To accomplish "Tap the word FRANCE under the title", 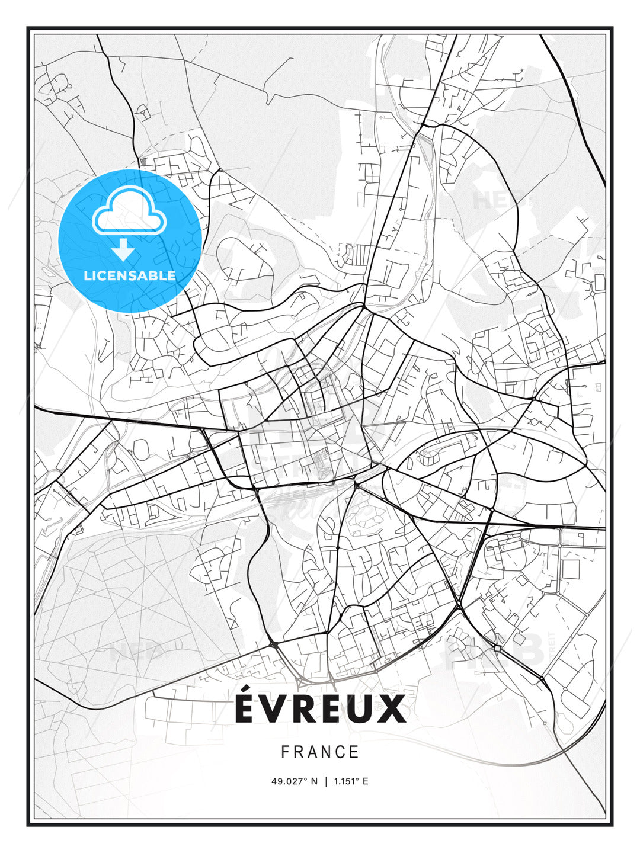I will tap(320, 752).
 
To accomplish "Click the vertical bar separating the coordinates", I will tap(325, 781).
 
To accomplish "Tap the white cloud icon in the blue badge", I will tap(128, 212).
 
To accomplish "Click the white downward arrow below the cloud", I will tap(123, 251).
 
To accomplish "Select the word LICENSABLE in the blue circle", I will tap(130, 275).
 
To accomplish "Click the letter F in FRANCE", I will tap(285, 752).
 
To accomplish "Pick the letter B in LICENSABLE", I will tap(158, 275).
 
